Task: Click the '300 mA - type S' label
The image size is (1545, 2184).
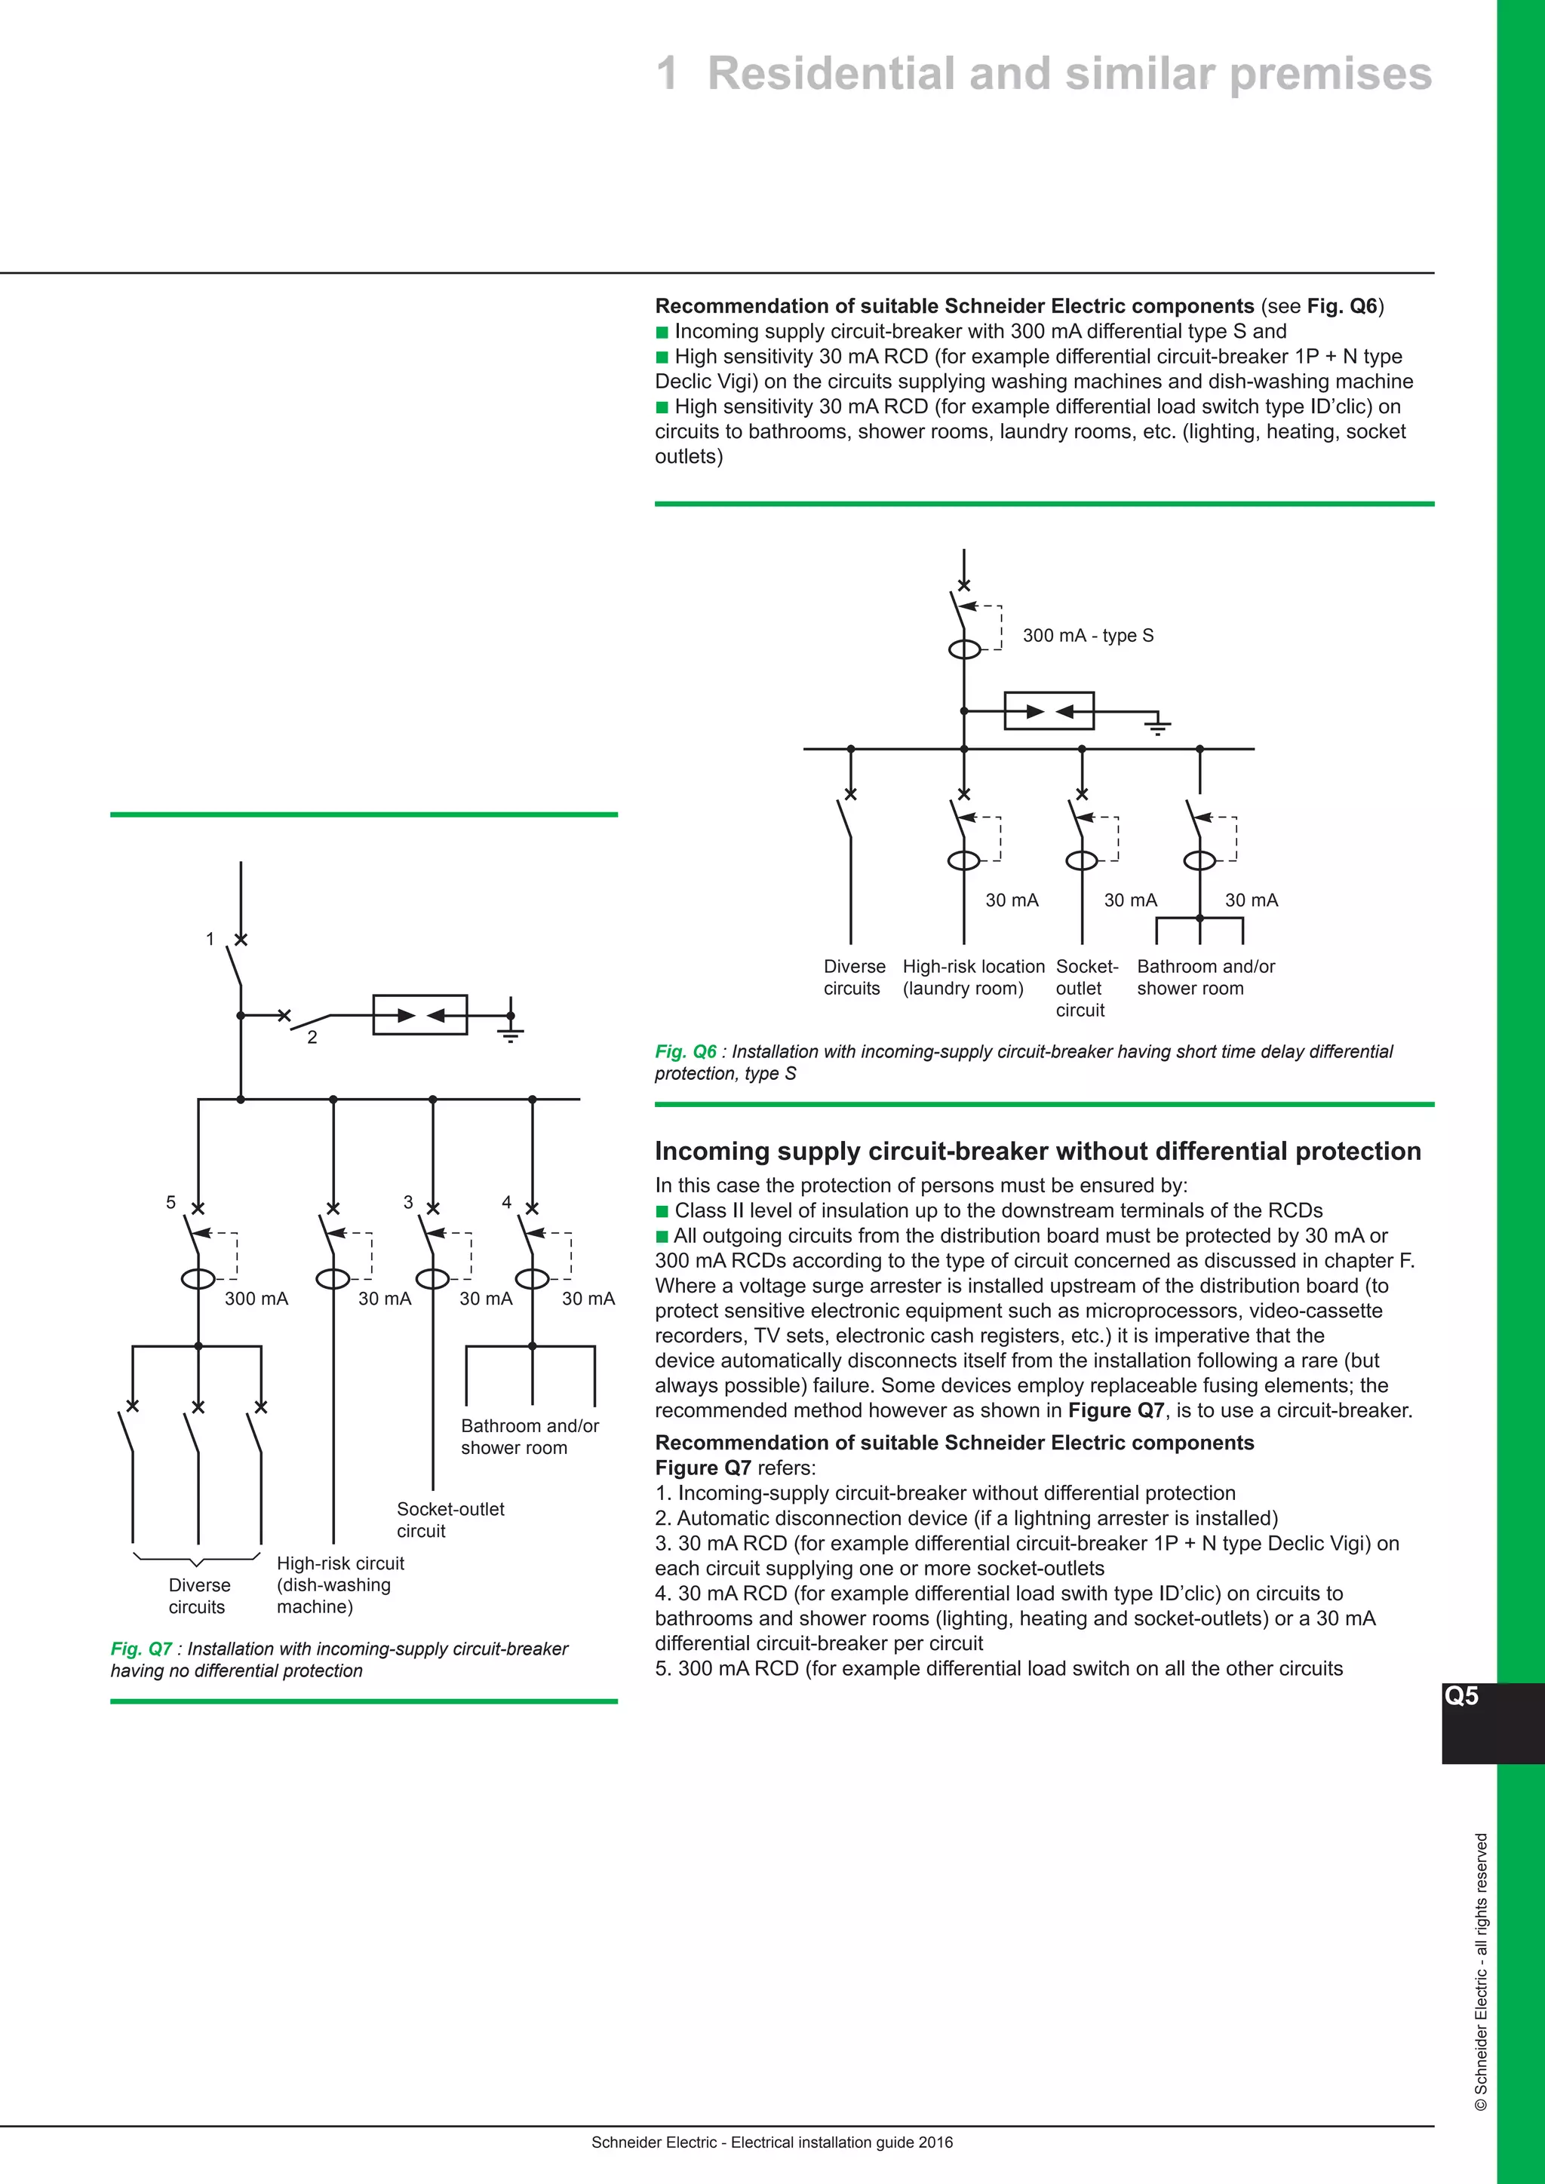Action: (1087, 636)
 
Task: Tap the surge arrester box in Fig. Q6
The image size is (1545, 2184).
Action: (1049, 710)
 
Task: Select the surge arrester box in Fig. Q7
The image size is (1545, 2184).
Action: (419, 1015)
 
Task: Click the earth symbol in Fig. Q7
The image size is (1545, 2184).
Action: (511, 1029)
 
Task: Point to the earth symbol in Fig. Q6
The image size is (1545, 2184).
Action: (1156, 725)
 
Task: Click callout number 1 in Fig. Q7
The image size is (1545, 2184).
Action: (210, 939)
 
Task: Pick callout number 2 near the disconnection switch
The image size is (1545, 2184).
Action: (312, 1038)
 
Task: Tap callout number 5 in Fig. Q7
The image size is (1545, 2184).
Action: (171, 1202)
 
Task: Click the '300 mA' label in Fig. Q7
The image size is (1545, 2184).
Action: (256, 1299)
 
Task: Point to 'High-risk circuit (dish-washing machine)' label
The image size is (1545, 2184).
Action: (339, 1584)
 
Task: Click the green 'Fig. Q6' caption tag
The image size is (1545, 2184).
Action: (685, 1051)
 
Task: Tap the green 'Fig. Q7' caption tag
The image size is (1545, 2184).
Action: (141, 1649)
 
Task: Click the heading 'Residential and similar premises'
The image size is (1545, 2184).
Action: (1068, 74)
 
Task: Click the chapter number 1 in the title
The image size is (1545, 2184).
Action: (668, 74)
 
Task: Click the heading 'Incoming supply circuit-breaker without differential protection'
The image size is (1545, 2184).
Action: (1037, 1151)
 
